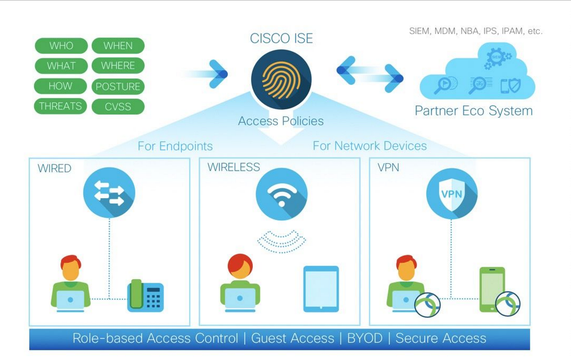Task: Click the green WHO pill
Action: coord(61,46)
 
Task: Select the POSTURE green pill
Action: coord(118,87)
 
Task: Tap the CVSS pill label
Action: coord(118,107)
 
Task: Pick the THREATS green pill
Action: coord(60,106)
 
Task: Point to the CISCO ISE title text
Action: coord(281,38)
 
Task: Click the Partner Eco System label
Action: coord(473,111)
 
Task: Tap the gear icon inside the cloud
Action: coord(496,57)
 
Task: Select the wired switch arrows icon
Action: coord(109,193)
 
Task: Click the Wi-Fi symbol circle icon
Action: coord(281,194)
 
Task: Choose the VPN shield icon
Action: coord(451,194)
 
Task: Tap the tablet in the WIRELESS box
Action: coord(321,289)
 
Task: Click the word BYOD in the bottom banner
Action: coord(365,338)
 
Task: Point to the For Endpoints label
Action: coord(175,146)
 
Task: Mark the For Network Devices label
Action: coord(370,146)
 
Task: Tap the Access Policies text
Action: coord(281,121)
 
